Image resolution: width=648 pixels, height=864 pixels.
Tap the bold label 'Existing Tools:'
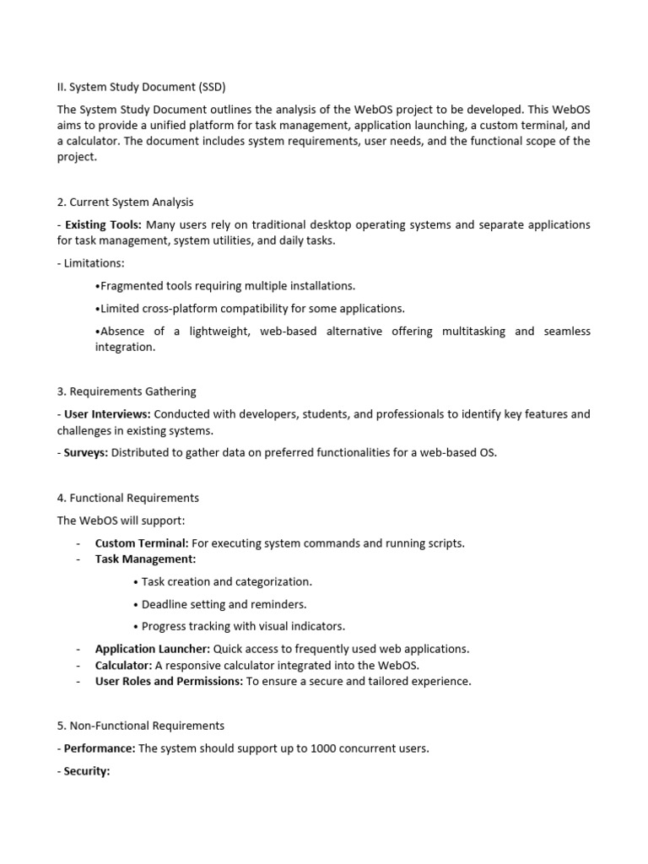click(x=104, y=224)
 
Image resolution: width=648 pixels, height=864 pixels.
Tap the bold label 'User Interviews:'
click(x=108, y=414)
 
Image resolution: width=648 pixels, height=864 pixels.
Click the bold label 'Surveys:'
click(x=86, y=453)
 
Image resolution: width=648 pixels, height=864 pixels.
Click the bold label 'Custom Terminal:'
click(x=142, y=543)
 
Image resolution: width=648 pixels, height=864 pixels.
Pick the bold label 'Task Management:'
click(x=145, y=559)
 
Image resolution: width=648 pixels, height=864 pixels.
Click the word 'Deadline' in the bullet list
click(x=165, y=604)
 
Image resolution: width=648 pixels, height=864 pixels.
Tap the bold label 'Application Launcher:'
click(x=153, y=649)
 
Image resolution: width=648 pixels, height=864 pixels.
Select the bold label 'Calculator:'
click(x=123, y=665)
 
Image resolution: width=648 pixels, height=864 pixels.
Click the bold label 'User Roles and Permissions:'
click(x=169, y=681)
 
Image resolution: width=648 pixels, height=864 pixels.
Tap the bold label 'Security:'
click(x=88, y=771)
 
